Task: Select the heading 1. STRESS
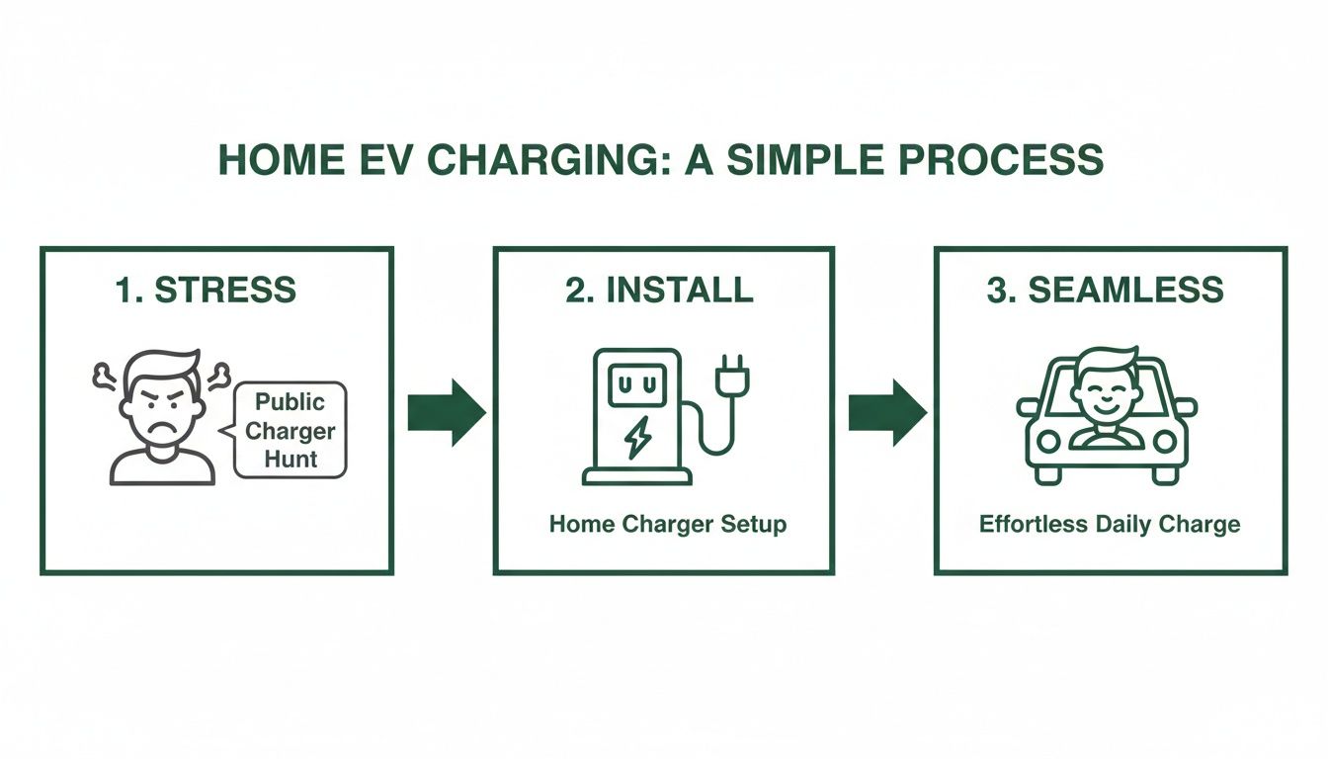click(x=206, y=290)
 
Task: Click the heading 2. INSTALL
click(x=659, y=290)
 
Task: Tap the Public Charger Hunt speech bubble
click(x=289, y=430)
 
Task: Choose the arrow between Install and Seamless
click(x=887, y=412)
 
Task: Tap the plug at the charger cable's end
click(x=731, y=375)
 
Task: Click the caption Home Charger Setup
click(x=668, y=524)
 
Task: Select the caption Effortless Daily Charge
click(x=1109, y=524)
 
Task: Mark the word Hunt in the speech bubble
click(x=290, y=459)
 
